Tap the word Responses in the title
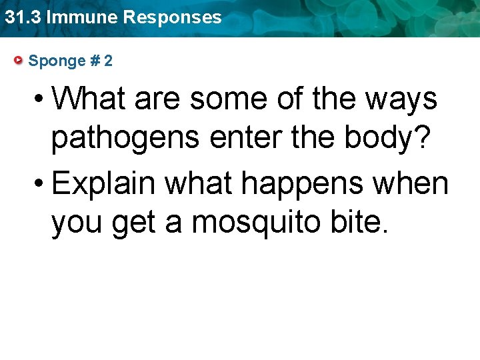tap(172, 17)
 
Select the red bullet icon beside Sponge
tap(19, 61)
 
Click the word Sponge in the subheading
tap(57, 61)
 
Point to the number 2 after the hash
tap(108, 61)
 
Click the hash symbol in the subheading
tap(94, 61)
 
